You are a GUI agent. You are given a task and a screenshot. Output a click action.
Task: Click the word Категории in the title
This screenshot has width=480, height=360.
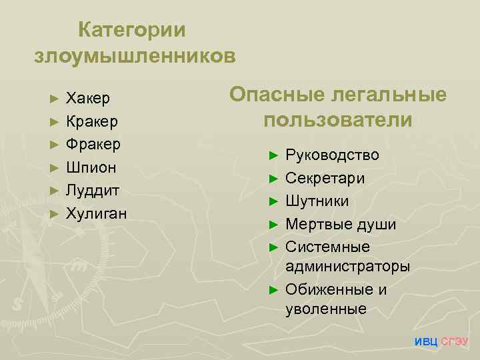tap(132, 30)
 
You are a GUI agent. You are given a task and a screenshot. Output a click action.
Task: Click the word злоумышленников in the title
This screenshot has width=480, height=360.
tap(134, 55)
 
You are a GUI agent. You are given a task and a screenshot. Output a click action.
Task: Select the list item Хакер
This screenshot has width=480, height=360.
tap(88, 99)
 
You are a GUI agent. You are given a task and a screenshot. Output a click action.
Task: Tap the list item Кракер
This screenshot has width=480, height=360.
tap(92, 122)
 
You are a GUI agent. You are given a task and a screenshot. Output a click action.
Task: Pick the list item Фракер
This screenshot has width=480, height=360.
tap(93, 144)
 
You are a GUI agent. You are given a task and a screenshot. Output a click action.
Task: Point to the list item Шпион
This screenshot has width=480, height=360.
tap(91, 167)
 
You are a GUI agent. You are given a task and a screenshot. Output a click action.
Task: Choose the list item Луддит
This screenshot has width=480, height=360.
tap(93, 190)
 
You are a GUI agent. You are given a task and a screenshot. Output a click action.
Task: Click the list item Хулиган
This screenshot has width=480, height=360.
tap(96, 213)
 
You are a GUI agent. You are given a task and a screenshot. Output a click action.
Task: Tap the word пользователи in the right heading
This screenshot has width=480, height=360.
tap(338, 120)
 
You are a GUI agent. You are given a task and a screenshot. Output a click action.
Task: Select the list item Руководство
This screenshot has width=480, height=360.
tap(332, 155)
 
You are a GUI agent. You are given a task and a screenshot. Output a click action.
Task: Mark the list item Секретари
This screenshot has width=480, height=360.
tap(325, 178)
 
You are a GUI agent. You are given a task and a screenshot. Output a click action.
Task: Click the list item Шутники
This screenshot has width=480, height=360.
tap(317, 201)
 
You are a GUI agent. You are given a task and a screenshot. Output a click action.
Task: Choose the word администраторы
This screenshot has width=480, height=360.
tap(347, 267)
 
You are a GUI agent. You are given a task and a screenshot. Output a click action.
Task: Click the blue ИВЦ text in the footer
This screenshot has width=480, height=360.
tap(426, 342)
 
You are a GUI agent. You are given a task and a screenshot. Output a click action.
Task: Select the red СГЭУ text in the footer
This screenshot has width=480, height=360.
tap(455, 342)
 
